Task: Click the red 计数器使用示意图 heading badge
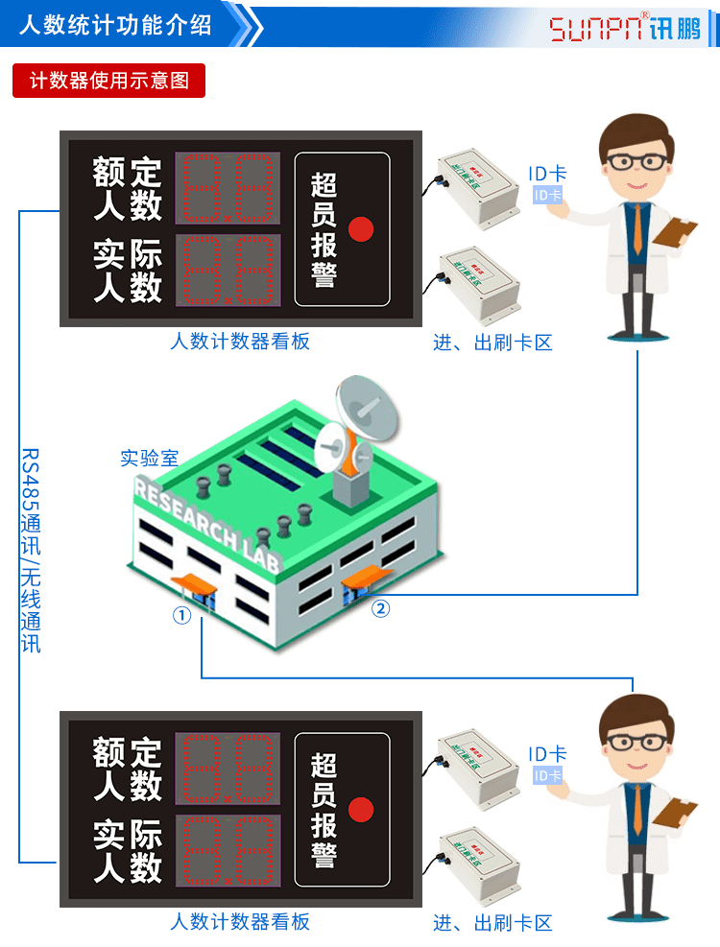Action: (x=108, y=81)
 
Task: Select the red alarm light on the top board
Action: (x=360, y=229)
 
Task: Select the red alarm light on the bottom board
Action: (x=360, y=809)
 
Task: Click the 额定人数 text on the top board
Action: (x=128, y=189)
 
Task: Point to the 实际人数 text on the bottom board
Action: (x=128, y=850)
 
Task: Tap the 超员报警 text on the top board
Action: (x=324, y=230)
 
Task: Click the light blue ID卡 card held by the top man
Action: (x=547, y=196)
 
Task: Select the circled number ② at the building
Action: (x=381, y=608)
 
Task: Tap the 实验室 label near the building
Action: (x=149, y=458)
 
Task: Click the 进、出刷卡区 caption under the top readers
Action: (x=492, y=343)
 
